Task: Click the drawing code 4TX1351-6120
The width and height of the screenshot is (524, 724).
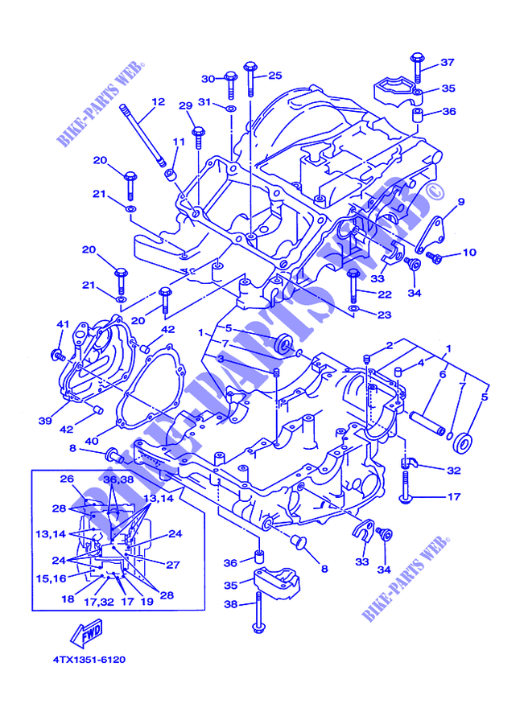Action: [x=89, y=660]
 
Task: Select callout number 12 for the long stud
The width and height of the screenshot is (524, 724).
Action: [x=158, y=101]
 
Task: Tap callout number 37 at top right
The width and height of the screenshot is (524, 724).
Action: [x=448, y=62]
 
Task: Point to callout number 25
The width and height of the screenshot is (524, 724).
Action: [x=275, y=76]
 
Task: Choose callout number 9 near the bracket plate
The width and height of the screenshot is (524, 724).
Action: [x=460, y=202]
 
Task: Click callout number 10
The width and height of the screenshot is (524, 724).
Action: [x=469, y=252]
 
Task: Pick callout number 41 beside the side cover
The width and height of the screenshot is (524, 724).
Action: [x=63, y=324]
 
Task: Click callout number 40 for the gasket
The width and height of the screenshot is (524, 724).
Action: [x=92, y=441]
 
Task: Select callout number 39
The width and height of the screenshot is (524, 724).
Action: [x=45, y=421]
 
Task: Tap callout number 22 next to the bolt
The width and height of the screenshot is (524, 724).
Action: [x=385, y=294]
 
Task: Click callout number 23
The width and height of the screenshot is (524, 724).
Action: [x=385, y=315]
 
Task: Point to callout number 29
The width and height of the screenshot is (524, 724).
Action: [x=186, y=105]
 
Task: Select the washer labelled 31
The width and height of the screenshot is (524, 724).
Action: [x=231, y=109]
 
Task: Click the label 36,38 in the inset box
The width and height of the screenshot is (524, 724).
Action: [x=119, y=479]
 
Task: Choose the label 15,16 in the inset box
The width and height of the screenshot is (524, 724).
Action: [x=51, y=578]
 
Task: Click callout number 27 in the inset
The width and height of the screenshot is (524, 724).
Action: [x=173, y=564]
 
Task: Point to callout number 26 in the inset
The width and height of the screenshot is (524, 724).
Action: [x=67, y=479]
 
